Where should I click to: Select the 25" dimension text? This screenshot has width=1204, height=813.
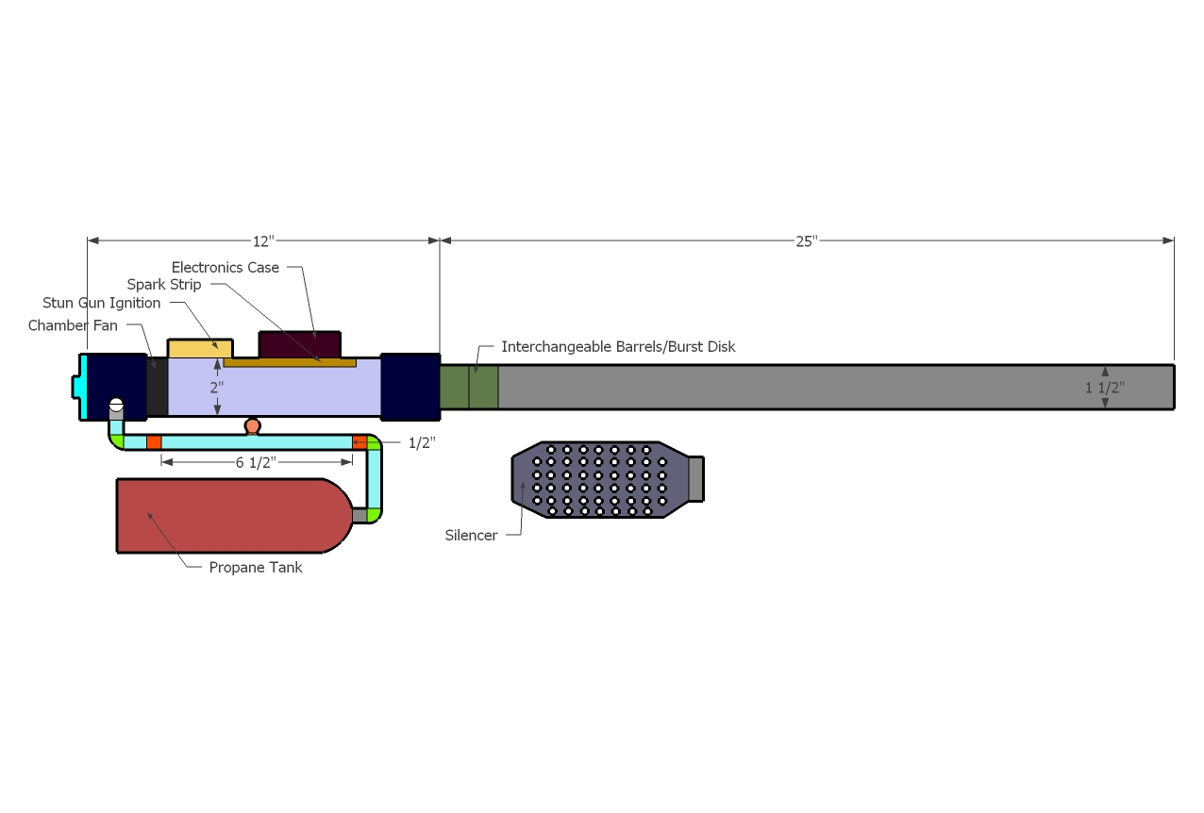[x=805, y=241]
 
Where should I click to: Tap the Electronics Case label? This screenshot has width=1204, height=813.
[x=226, y=268]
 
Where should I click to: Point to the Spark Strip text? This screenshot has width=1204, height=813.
[x=164, y=285]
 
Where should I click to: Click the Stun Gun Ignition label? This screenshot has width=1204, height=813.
[x=102, y=303]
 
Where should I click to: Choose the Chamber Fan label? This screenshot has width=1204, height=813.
[x=73, y=325]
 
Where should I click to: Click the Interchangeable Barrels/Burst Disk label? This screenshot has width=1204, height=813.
[x=618, y=347]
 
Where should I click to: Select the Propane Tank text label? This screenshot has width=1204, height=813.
[x=256, y=568]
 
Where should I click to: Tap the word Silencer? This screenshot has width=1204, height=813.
[x=471, y=536]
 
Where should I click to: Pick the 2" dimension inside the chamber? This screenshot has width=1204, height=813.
[x=217, y=387]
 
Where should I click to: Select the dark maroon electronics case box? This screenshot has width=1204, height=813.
[x=299, y=344]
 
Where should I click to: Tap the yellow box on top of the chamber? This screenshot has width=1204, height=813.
[x=199, y=348]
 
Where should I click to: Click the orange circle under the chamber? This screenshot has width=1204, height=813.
[x=252, y=426]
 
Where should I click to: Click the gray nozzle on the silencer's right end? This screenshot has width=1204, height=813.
[x=695, y=479]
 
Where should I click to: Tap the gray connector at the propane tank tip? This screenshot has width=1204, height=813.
[x=359, y=515]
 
